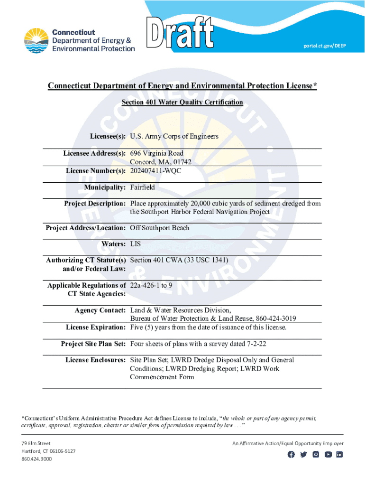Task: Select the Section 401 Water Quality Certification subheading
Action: click(182, 102)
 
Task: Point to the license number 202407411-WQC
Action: click(155, 171)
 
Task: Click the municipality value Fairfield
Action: click(142, 187)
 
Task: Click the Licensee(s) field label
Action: click(108, 136)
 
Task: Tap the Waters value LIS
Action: click(136, 244)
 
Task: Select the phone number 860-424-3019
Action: click(276, 318)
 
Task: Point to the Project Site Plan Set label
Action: click(93, 344)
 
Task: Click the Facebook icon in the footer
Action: click(291, 454)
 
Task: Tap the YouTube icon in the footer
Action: click(328, 454)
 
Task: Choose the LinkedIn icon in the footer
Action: click(339, 454)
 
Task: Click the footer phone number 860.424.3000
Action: click(37, 459)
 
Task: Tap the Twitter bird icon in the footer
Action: click(303, 454)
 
